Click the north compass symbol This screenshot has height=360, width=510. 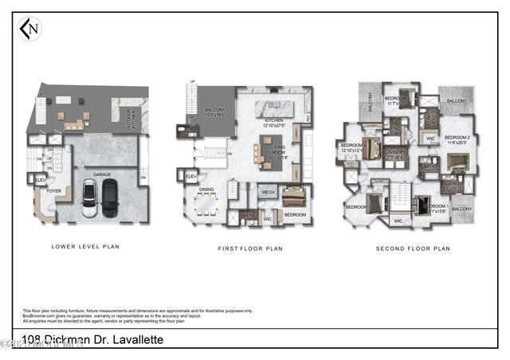point(29,29)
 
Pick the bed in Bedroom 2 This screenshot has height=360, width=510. point(457,163)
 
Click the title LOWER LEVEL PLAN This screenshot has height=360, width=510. point(85,247)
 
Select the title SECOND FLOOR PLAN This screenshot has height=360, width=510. point(413,248)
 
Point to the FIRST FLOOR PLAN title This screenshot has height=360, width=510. point(250,248)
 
